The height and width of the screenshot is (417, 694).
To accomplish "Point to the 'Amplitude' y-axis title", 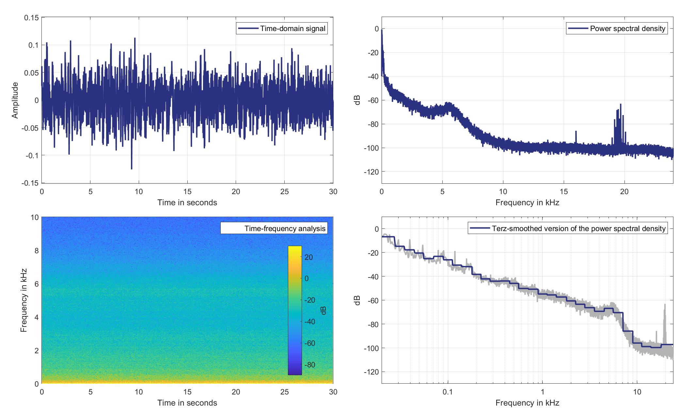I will click(x=15, y=100).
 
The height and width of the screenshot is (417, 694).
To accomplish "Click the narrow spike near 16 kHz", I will click(x=576, y=132).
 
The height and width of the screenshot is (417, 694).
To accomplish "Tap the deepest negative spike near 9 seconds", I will click(x=132, y=168).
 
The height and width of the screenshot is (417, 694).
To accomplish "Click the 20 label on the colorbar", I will click(x=309, y=258).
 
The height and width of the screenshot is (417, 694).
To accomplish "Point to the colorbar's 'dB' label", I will click(x=323, y=310).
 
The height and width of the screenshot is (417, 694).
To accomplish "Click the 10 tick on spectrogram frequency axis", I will click(x=35, y=218).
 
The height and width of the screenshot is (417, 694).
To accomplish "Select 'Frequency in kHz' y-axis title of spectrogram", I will click(x=24, y=300).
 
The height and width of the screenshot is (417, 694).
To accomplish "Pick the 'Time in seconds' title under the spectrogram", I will click(x=187, y=403).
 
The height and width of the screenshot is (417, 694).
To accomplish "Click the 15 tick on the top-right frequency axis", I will click(x=564, y=192).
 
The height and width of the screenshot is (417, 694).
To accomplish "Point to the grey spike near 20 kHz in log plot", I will click(x=664, y=306).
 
